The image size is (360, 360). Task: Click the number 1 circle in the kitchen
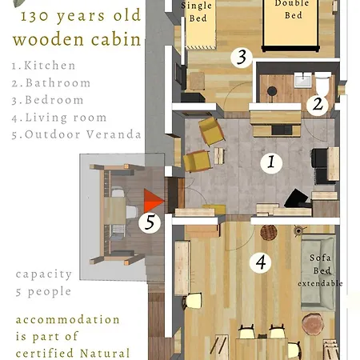point(271,162)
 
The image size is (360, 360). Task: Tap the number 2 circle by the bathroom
point(318,104)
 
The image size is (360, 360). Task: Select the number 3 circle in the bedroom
point(242,57)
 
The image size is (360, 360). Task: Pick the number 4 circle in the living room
point(261,262)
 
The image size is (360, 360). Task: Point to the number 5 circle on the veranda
point(150,222)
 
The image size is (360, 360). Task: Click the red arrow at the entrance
point(154,201)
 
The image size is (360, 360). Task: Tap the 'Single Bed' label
point(197,12)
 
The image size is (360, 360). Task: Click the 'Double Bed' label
point(293,9)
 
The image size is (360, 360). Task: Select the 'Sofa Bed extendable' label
point(320,270)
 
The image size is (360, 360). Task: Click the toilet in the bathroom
point(322,82)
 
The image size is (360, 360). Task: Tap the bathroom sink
point(302,79)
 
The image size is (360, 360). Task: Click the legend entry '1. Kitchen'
point(44,66)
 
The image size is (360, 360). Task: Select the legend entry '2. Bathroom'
point(51,83)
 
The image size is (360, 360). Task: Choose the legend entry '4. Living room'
point(59,118)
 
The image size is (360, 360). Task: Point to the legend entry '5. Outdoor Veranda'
point(76,134)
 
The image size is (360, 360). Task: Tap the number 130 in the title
point(34,16)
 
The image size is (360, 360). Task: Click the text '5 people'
point(43,291)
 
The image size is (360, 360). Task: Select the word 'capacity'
point(44,274)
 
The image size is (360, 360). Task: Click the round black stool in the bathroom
point(272,91)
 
